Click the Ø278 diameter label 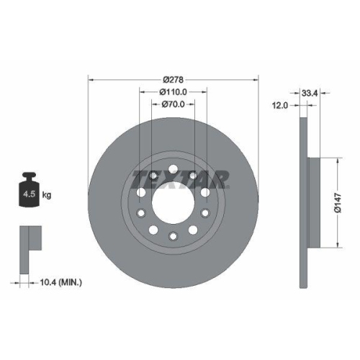(x=173, y=78)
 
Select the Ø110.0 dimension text (x=173, y=91)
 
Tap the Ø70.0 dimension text (x=173, y=104)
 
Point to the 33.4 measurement (x=310, y=92)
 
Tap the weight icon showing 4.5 (x=30, y=191)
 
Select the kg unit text (x=48, y=195)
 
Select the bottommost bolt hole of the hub (x=173, y=235)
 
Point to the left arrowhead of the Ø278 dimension (x=90, y=78)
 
